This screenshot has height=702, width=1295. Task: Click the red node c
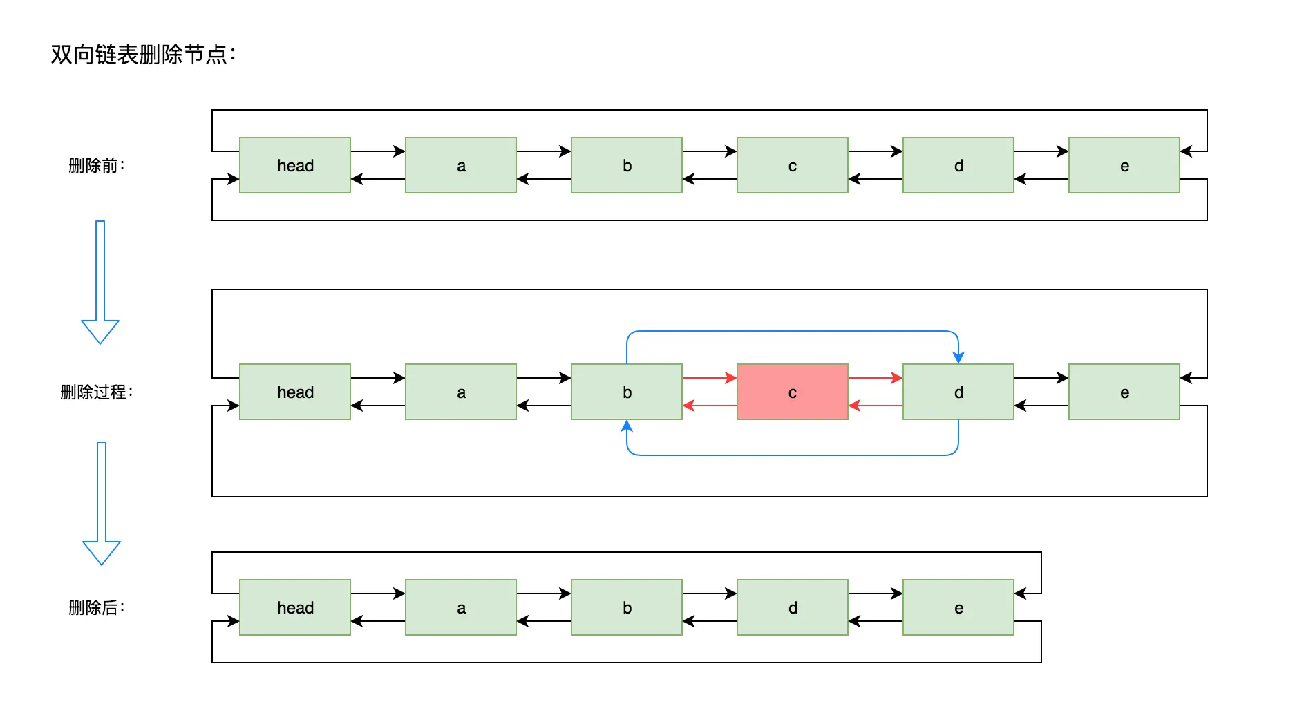pyautogui.click(x=792, y=392)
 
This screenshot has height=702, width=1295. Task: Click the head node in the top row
pyautogui.click(x=295, y=165)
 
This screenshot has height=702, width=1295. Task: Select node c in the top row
pyautogui.click(x=792, y=165)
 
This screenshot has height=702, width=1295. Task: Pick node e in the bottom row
pyautogui.click(x=958, y=607)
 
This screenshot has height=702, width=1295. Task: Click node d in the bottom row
pyautogui.click(x=792, y=607)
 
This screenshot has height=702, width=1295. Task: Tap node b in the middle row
pyautogui.click(x=626, y=392)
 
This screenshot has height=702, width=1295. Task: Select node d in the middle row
pyautogui.click(x=958, y=392)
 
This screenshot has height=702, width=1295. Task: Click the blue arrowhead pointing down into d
pyautogui.click(x=958, y=357)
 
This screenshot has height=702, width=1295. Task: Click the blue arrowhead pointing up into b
pyautogui.click(x=627, y=426)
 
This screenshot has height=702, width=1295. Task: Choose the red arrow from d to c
pyautogui.click(x=875, y=406)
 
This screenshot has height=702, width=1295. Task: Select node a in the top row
pyautogui.click(x=461, y=165)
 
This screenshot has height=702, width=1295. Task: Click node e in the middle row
pyautogui.click(x=1124, y=392)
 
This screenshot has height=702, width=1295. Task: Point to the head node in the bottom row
pyautogui.click(x=295, y=607)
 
